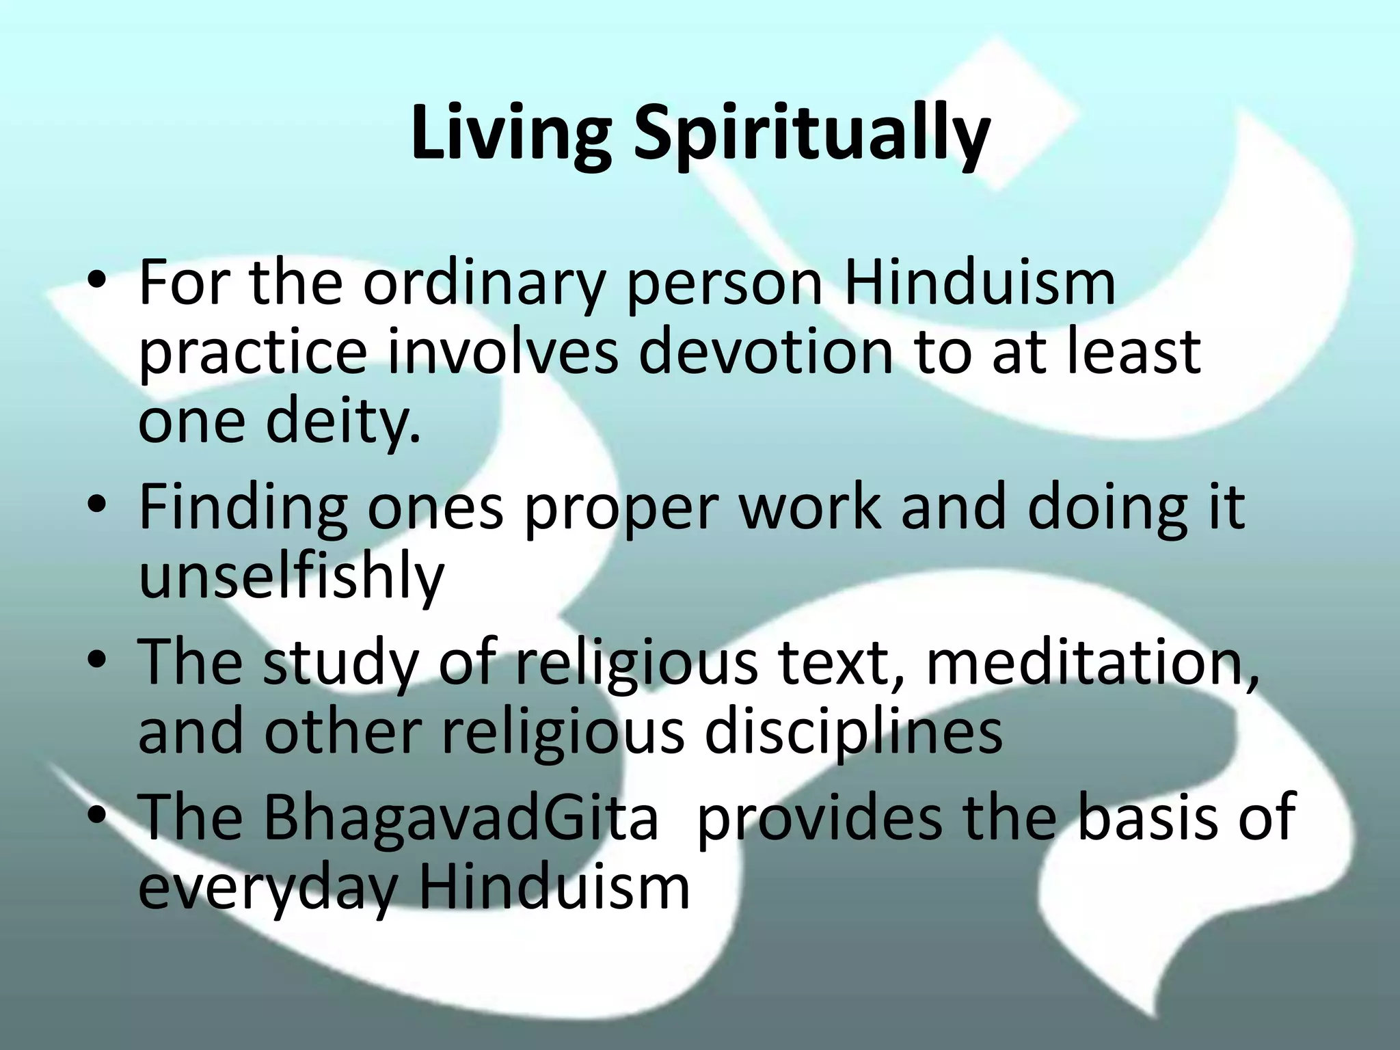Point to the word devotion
pyautogui.click(x=766, y=352)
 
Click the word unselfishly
pyautogui.click(x=291, y=576)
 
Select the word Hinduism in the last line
pyautogui.click(x=554, y=887)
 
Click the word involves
pyautogui.click(x=502, y=352)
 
